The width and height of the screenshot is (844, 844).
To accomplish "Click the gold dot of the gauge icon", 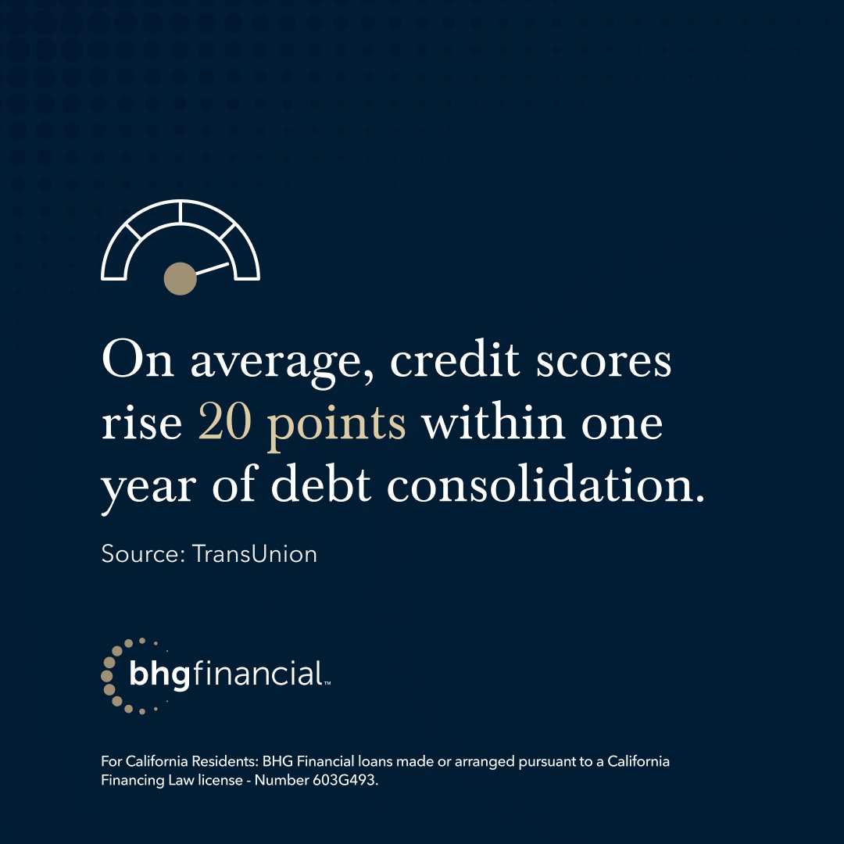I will [x=180, y=278].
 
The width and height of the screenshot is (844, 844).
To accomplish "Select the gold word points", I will [x=337, y=427].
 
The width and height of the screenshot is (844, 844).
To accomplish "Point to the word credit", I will [x=456, y=361].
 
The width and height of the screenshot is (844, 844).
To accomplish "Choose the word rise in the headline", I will [x=142, y=424].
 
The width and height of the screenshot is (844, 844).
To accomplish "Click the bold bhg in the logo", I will [x=160, y=675].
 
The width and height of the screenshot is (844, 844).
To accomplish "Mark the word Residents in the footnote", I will [x=211, y=761].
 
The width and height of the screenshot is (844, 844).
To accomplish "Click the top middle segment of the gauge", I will [x=181, y=215].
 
